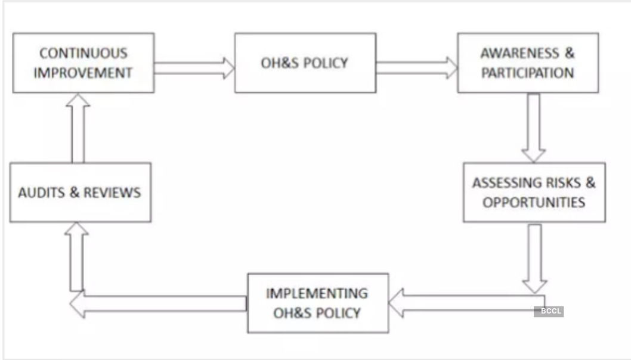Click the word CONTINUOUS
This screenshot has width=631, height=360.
pos(83,53)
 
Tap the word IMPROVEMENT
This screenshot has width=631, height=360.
pos(83,73)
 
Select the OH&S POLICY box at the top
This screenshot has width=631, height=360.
pos(305,63)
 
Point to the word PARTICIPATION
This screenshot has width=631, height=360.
pos(527,73)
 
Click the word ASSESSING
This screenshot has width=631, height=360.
pos(507,182)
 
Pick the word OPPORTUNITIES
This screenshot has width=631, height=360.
pos(534,202)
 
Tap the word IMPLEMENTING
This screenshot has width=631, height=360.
pos(317,293)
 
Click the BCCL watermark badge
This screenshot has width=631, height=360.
pos(549,311)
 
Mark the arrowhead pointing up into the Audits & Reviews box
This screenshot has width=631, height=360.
pos(76,230)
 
